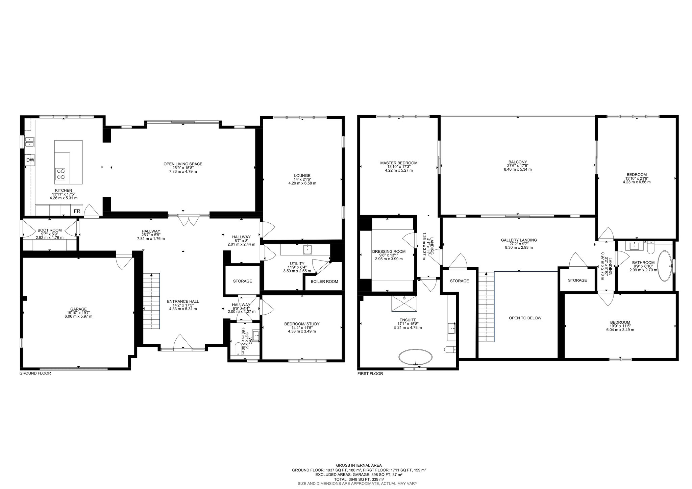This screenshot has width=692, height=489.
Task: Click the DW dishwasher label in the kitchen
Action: (x=30, y=160)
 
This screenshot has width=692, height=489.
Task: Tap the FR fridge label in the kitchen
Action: (x=77, y=211)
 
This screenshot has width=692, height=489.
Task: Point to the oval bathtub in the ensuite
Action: (x=415, y=357)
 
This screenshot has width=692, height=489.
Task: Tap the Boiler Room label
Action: (x=324, y=282)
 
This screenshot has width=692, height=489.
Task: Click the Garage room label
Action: (x=78, y=309)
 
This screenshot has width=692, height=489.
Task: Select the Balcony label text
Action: (x=517, y=162)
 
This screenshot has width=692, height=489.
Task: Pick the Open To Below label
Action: (x=525, y=318)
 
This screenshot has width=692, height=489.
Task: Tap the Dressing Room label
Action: (x=393, y=251)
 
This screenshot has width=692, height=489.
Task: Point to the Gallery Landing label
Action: (x=519, y=240)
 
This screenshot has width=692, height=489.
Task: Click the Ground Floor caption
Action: (x=35, y=373)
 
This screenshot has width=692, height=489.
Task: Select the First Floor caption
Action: (x=370, y=374)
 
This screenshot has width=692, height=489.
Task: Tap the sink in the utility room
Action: (x=308, y=249)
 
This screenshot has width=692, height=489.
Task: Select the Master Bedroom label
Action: (x=399, y=163)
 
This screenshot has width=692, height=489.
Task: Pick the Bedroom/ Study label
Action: (x=302, y=324)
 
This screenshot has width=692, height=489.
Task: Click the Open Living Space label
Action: (x=183, y=164)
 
